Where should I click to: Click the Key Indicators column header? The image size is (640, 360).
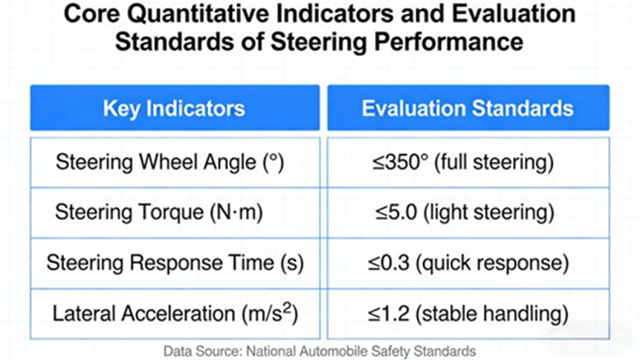[x=175, y=108]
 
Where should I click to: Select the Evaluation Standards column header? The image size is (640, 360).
[x=468, y=108]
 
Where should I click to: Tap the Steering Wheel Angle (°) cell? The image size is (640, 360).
[x=175, y=163]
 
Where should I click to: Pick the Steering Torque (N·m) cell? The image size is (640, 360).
[x=175, y=213]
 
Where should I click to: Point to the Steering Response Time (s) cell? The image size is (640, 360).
[x=175, y=263]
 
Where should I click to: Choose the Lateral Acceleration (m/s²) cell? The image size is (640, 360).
[x=175, y=314]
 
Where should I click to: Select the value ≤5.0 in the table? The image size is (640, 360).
[x=396, y=212]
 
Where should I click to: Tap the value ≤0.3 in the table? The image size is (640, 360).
[x=389, y=263]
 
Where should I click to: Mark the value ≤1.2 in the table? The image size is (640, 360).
[x=389, y=313]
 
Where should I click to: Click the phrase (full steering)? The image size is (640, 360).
[x=494, y=163]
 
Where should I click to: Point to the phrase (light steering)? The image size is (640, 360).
[x=489, y=213]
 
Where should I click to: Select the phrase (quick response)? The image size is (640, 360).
[x=492, y=263]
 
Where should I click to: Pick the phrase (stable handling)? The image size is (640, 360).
[x=492, y=314]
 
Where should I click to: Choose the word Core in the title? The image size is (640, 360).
[x=92, y=13]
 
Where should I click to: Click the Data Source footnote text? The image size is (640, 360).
[x=320, y=351]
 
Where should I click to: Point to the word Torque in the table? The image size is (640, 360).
[x=172, y=213]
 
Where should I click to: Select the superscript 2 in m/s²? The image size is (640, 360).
[x=288, y=308]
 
